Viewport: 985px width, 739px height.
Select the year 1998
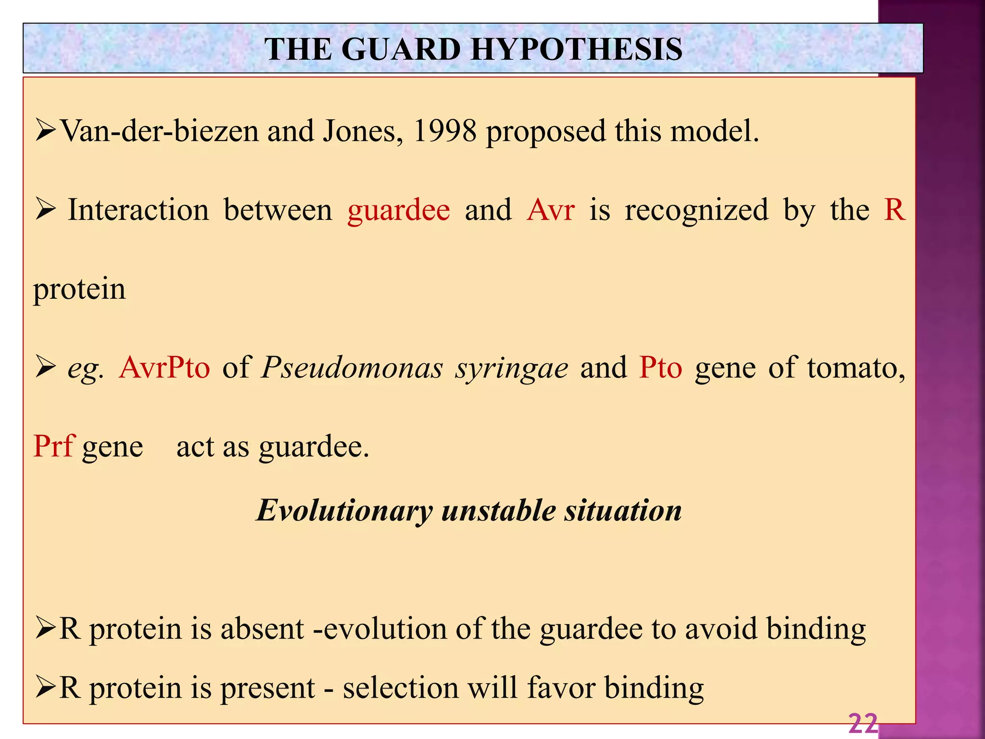click(445, 131)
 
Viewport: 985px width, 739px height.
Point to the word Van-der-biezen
click(160, 131)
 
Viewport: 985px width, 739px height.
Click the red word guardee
click(399, 211)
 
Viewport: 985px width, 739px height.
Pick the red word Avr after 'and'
click(550, 210)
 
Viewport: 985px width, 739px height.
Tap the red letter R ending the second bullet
click(894, 210)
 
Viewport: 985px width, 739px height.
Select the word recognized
click(696, 211)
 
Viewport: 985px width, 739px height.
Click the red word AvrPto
click(164, 368)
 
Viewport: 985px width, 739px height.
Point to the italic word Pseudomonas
click(352, 368)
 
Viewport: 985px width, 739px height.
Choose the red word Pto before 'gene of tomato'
click(660, 368)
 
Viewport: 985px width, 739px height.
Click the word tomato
click(856, 368)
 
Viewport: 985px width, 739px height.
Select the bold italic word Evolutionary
click(344, 511)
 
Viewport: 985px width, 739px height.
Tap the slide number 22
click(863, 724)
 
